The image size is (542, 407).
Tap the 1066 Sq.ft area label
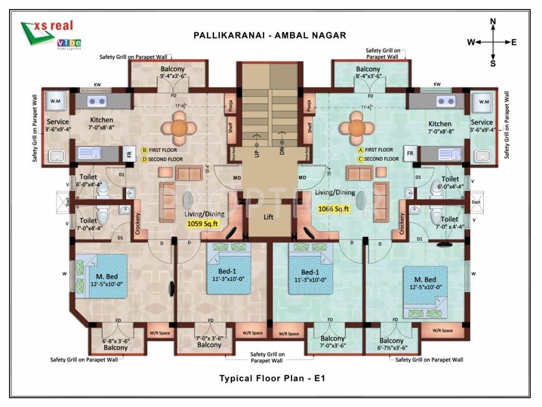334,209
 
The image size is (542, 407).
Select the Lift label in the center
269,217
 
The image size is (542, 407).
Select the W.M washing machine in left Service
56,101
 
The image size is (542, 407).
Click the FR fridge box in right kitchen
410,153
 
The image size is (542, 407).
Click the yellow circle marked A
360,150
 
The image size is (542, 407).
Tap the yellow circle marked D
143,159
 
